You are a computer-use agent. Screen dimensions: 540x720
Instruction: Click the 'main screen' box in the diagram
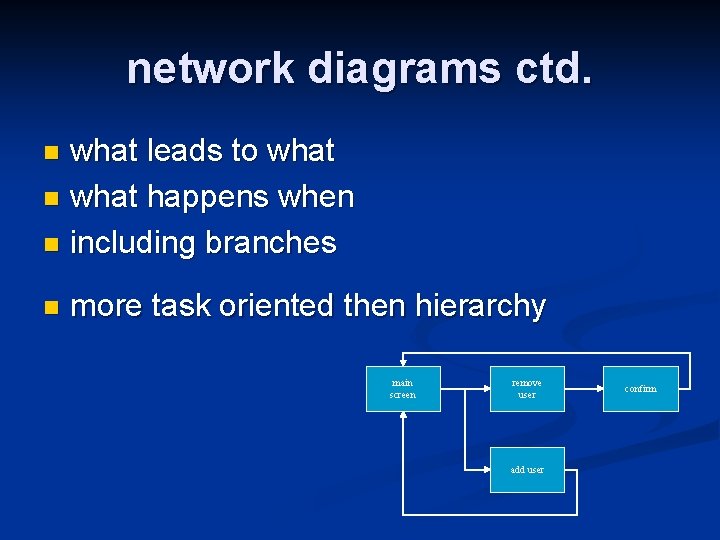click(x=402, y=389)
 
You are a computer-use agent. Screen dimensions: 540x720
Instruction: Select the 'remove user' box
click(x=526, y=389)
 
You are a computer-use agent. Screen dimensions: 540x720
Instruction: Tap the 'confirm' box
click(x=641, y=389)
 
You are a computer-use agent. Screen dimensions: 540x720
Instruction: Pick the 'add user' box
click(x=526, y=470)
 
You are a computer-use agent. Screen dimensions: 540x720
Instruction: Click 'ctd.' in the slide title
click(x=553, y=68)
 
